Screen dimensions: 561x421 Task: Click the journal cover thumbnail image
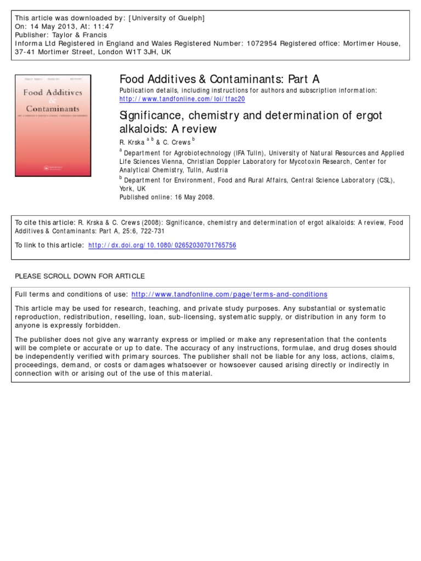(x=53, y=125)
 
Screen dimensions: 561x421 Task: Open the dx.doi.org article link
(x=162, y=245)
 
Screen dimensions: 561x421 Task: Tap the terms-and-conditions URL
(x=229, y=294)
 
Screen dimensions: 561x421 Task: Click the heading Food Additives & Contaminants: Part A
(x=219, y=79)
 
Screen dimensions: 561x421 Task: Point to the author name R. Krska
(x=132, y=142)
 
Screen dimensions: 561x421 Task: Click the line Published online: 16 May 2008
(x=167, y=197)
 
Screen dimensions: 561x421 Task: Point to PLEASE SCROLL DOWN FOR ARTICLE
(x=80, y=276)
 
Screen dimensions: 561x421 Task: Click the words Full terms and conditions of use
(x=71, y=294)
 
